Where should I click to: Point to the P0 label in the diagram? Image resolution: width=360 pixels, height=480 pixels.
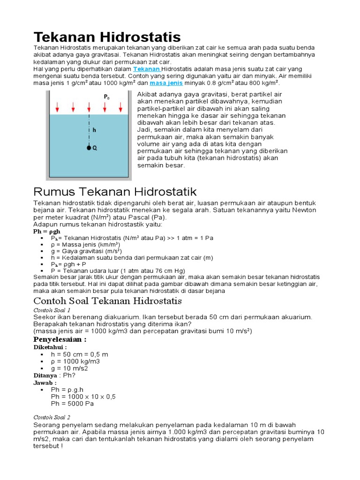107,97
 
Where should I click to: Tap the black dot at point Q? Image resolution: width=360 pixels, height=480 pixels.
88,148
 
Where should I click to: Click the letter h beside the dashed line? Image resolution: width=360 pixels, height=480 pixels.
94,130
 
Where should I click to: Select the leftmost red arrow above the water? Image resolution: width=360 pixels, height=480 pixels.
57,108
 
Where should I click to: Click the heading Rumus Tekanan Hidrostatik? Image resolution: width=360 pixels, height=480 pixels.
115,192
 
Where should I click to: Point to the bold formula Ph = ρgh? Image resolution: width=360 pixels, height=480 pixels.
46,232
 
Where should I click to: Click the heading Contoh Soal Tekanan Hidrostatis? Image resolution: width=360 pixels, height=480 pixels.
107,300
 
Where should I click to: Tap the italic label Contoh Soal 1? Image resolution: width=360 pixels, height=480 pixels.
52,310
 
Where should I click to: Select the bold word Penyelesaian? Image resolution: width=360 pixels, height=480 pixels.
60,339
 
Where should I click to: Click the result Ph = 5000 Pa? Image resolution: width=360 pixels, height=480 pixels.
73,403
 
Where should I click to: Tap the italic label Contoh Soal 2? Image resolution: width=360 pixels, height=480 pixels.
52,417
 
